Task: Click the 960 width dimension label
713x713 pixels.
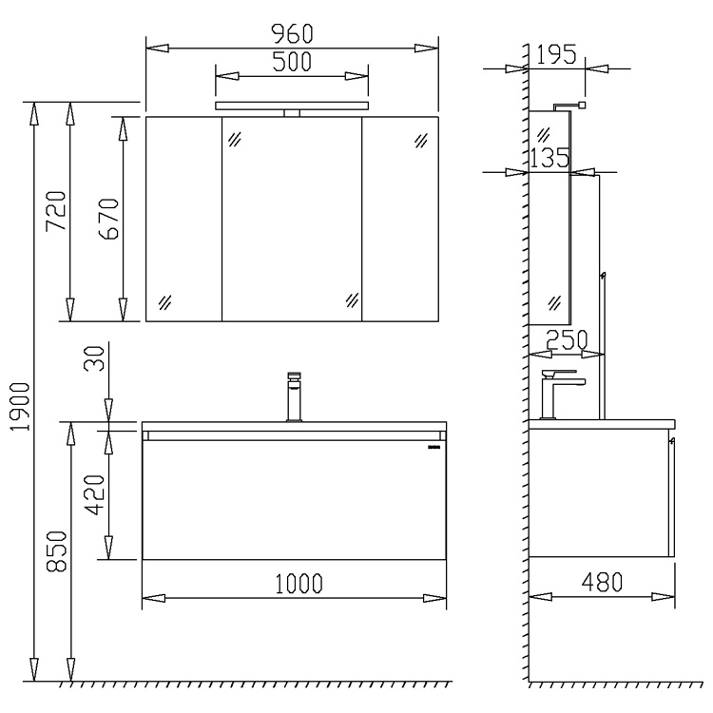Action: coord(292,33)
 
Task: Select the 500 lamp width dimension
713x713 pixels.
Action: coord(292,62)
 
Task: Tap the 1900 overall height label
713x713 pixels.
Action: coord(21,407)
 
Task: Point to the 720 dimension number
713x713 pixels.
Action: coord(56,210)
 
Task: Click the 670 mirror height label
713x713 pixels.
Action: coord(108,219)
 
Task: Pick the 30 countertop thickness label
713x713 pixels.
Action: coord(95,357)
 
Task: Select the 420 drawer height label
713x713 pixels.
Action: coord(95,494)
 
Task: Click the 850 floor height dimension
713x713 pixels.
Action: coord(57,551)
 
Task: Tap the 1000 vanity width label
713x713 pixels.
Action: coord(299,584)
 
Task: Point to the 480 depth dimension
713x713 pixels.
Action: coord(602,582)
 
